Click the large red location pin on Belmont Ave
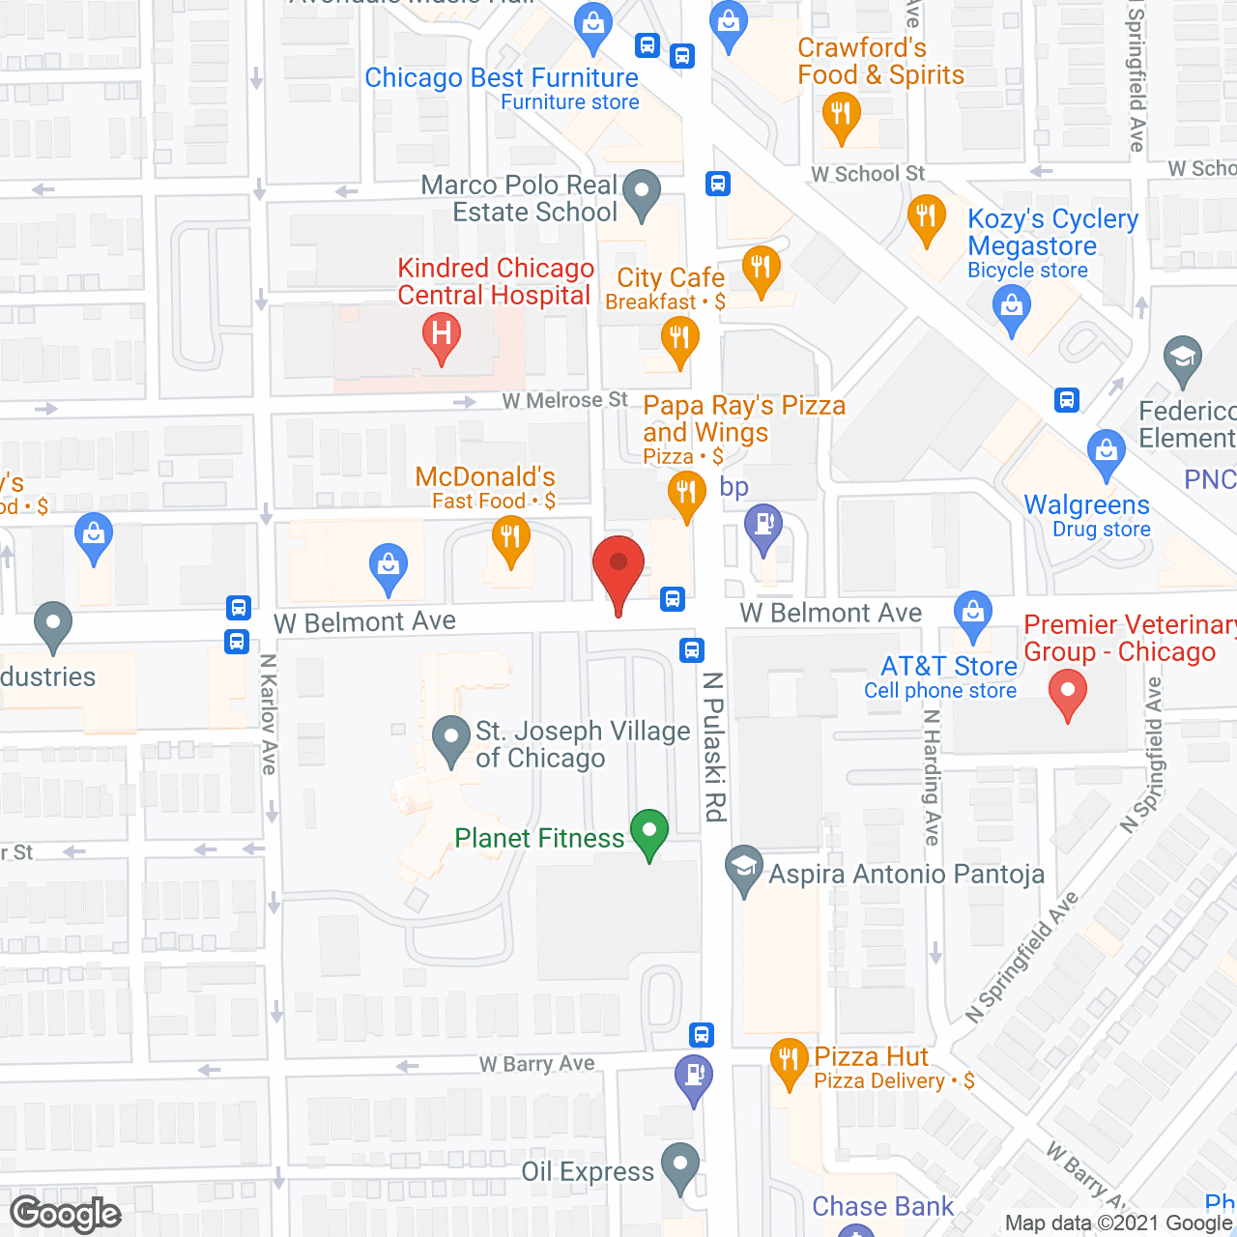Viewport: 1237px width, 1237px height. pyautogui.click(x=618, y=570)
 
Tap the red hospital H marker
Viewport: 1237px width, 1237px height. pyautogui.click(x=442, y=335)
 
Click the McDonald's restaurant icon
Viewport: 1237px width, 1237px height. pyautogui.click(x=510, y=536)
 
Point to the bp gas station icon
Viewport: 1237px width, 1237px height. pyautogui.click(x=763, y=527)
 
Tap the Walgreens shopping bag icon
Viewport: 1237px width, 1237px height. pyautogui.click(x=1106, y=451)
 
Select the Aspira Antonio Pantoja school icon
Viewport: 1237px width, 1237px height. pyautogui.click(x=744, y=867)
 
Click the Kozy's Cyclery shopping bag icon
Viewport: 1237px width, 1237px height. pyautogui.click(x=1012, y=309)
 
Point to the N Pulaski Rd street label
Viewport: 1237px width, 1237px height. pyautogui.click(x=714, y=747)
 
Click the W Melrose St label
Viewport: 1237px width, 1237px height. pyautogui.click(x=564, y=400)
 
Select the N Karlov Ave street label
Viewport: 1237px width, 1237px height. pyautogui.click(x=269, y=714)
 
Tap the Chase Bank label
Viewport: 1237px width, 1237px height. pyautogui.click(x=882, y=1206)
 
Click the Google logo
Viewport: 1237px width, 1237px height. pyautogui.click(x=66, y=1214)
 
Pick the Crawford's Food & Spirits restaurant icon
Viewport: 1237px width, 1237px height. pyautogui.click(x=841, y=115)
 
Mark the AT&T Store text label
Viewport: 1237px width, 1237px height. pyautogui.click(x=949, y=666)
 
